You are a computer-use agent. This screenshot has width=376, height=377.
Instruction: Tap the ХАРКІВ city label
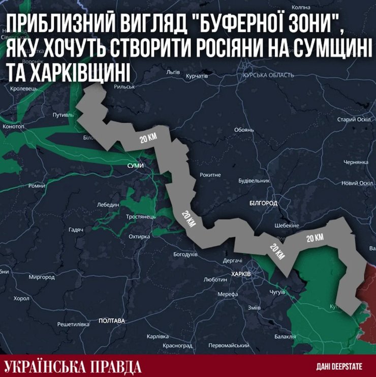point(240,274)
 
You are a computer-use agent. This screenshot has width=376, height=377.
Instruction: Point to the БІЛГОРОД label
point(263,203)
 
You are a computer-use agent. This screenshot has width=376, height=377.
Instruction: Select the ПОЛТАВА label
point(112,321)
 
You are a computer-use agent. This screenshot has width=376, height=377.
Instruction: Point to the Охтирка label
point(140,237)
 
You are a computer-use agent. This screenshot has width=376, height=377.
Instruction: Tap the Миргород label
point(42,278)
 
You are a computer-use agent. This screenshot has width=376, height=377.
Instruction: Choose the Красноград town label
point(177,345)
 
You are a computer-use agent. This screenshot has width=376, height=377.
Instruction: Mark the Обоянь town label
point(244,130)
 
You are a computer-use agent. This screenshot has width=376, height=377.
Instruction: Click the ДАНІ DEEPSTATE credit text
point(338,366)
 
